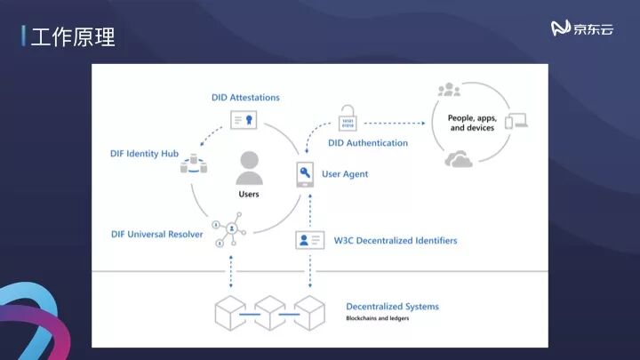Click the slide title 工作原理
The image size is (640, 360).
tap(72, 37)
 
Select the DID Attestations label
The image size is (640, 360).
tap(245, 97)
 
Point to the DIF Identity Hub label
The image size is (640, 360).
tap(145, 154)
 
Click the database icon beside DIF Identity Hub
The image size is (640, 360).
tap(195, 163)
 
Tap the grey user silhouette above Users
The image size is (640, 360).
tap(249, 167)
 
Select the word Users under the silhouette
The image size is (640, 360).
tap(249, 194)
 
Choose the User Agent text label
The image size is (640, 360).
tap(345, 174)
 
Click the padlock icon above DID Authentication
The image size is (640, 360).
tap(347, 116)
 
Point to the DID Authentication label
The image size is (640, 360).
tap(368, 142)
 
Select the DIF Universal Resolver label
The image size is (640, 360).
tap(157, 234)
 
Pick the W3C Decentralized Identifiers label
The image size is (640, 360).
tap(396, 240)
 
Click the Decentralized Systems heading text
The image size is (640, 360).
tap(392, 307)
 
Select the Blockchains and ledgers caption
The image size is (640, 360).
tap(378, 318)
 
